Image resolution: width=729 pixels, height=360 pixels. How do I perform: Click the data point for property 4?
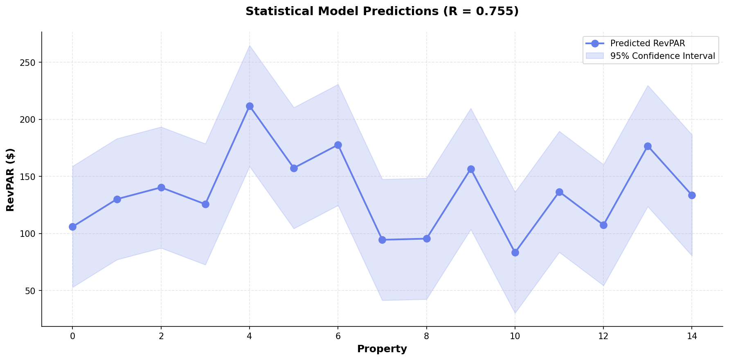point(250,106)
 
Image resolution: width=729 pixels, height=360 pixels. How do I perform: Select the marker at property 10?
point(515,252)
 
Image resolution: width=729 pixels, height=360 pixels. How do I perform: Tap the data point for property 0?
point(72,227)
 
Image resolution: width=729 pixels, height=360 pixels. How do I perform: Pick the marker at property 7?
point(382,240)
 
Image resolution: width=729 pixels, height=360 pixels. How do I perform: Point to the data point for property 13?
point(648,146)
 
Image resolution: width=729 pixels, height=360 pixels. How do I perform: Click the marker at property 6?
point(338,145)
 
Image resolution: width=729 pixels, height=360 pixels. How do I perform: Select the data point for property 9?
point(471,169)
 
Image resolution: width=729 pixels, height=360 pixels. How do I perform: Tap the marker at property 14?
point(692,195)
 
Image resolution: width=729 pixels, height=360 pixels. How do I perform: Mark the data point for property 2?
point(161,187)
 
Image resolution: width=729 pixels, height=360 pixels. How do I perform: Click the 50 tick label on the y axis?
point(33,291)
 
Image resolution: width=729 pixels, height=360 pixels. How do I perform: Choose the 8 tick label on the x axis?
point(427,337)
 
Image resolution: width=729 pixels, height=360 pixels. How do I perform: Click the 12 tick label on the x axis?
point(603,337)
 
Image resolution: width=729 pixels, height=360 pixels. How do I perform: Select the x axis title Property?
point(382,349)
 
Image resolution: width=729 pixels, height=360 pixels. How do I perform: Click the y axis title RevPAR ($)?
point(11,180)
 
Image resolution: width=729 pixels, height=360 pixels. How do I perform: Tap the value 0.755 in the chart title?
point(500,11)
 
